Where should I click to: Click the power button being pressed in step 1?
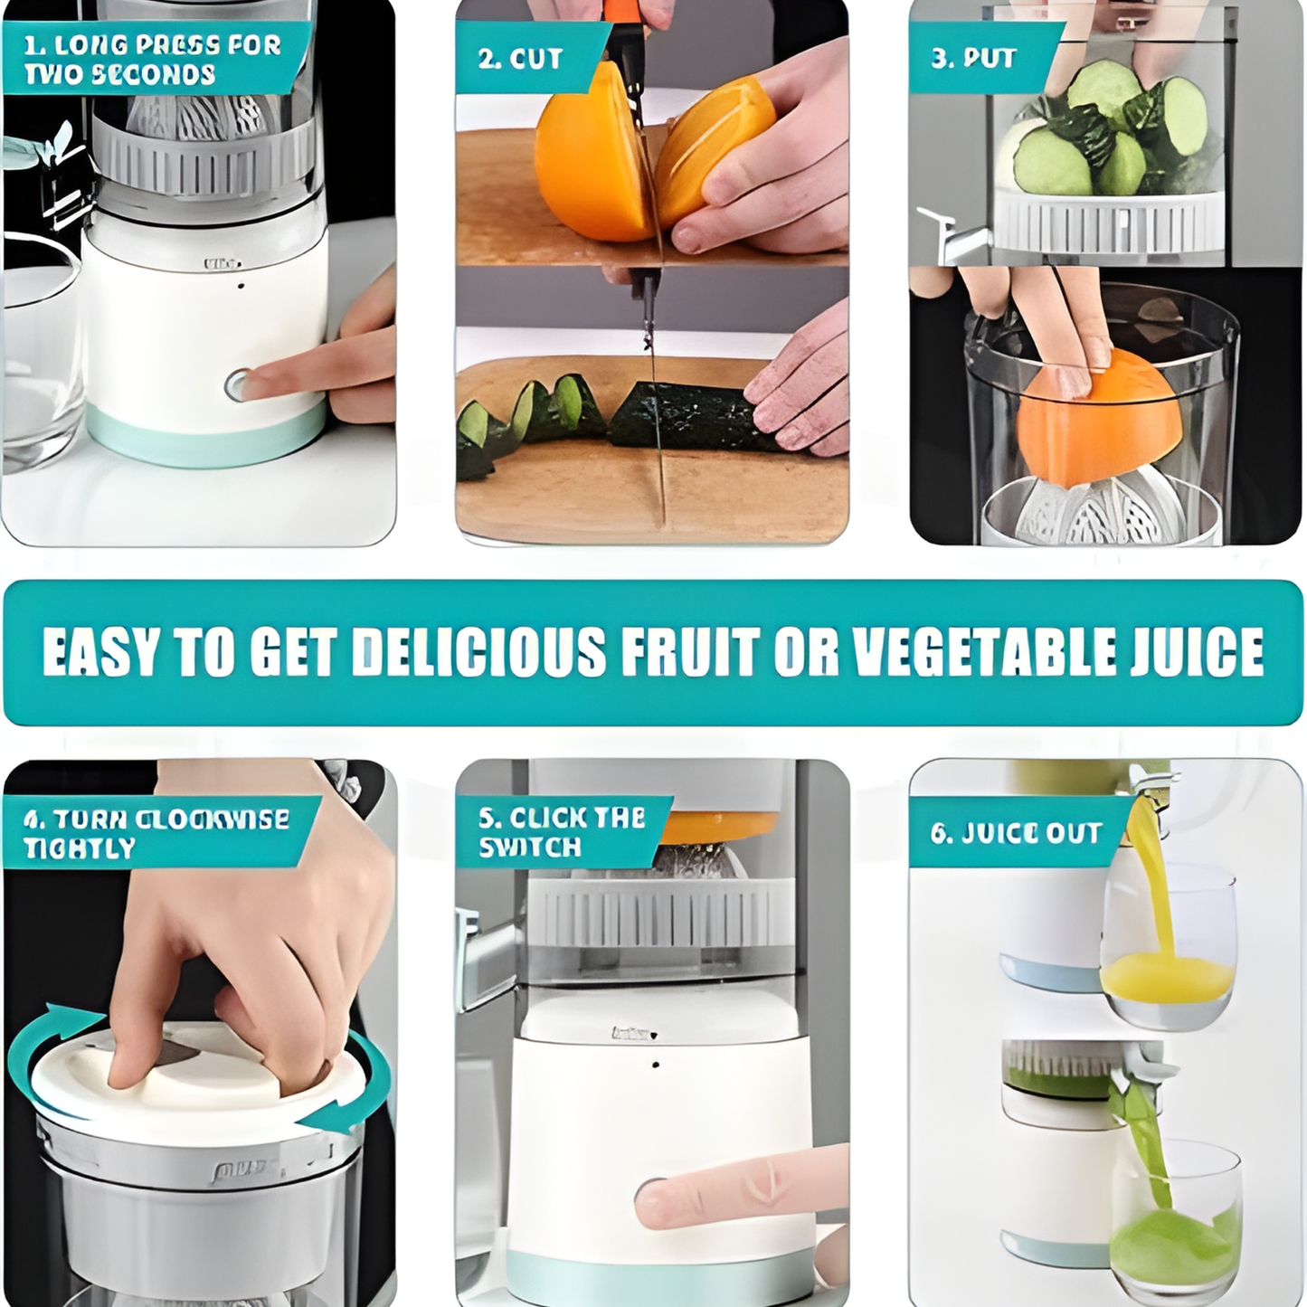coord(237,385)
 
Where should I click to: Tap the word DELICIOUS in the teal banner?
coord(478,652)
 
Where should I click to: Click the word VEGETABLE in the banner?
coord(983,652)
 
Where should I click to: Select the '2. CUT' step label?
coord(520,59)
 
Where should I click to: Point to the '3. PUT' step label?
coord(973,58)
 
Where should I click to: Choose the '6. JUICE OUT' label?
coord(1016,833)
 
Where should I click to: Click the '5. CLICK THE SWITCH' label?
coord(562,833)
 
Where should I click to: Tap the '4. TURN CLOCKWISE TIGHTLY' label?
coord(156,834)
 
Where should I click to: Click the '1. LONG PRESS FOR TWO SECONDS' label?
coord(152,60)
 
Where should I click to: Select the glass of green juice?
coord(1176,1214)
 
